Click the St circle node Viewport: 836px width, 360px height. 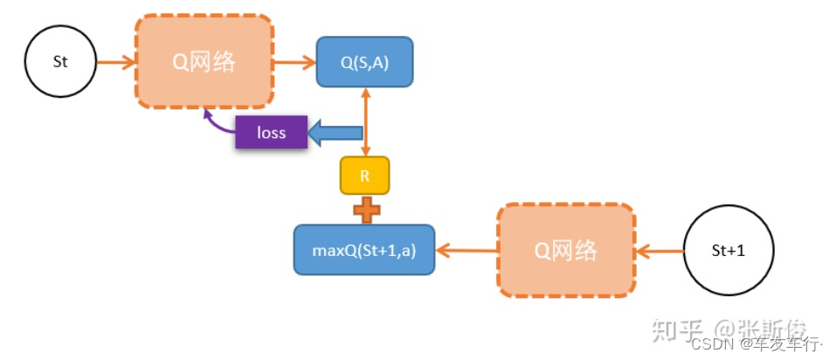tap(59, 63)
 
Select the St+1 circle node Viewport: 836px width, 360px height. tap(729, 251)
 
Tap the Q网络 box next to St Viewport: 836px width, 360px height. tap(204, 63)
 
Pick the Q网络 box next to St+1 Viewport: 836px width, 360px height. tap(565, 251)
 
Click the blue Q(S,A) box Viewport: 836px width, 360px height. tap(364, 62)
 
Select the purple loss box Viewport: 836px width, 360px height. tap(272, 134)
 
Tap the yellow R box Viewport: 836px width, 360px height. tap(364, 176)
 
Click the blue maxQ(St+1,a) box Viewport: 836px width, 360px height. tap(363, 250)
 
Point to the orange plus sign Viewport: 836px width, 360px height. tap(365, 210)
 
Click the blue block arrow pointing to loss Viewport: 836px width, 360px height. tap(336, 134)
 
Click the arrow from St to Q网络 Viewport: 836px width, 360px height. tap(115, 63)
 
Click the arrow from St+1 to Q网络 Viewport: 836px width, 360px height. tap(659, 251)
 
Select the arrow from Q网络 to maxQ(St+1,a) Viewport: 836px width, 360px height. tap(466, 251)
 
